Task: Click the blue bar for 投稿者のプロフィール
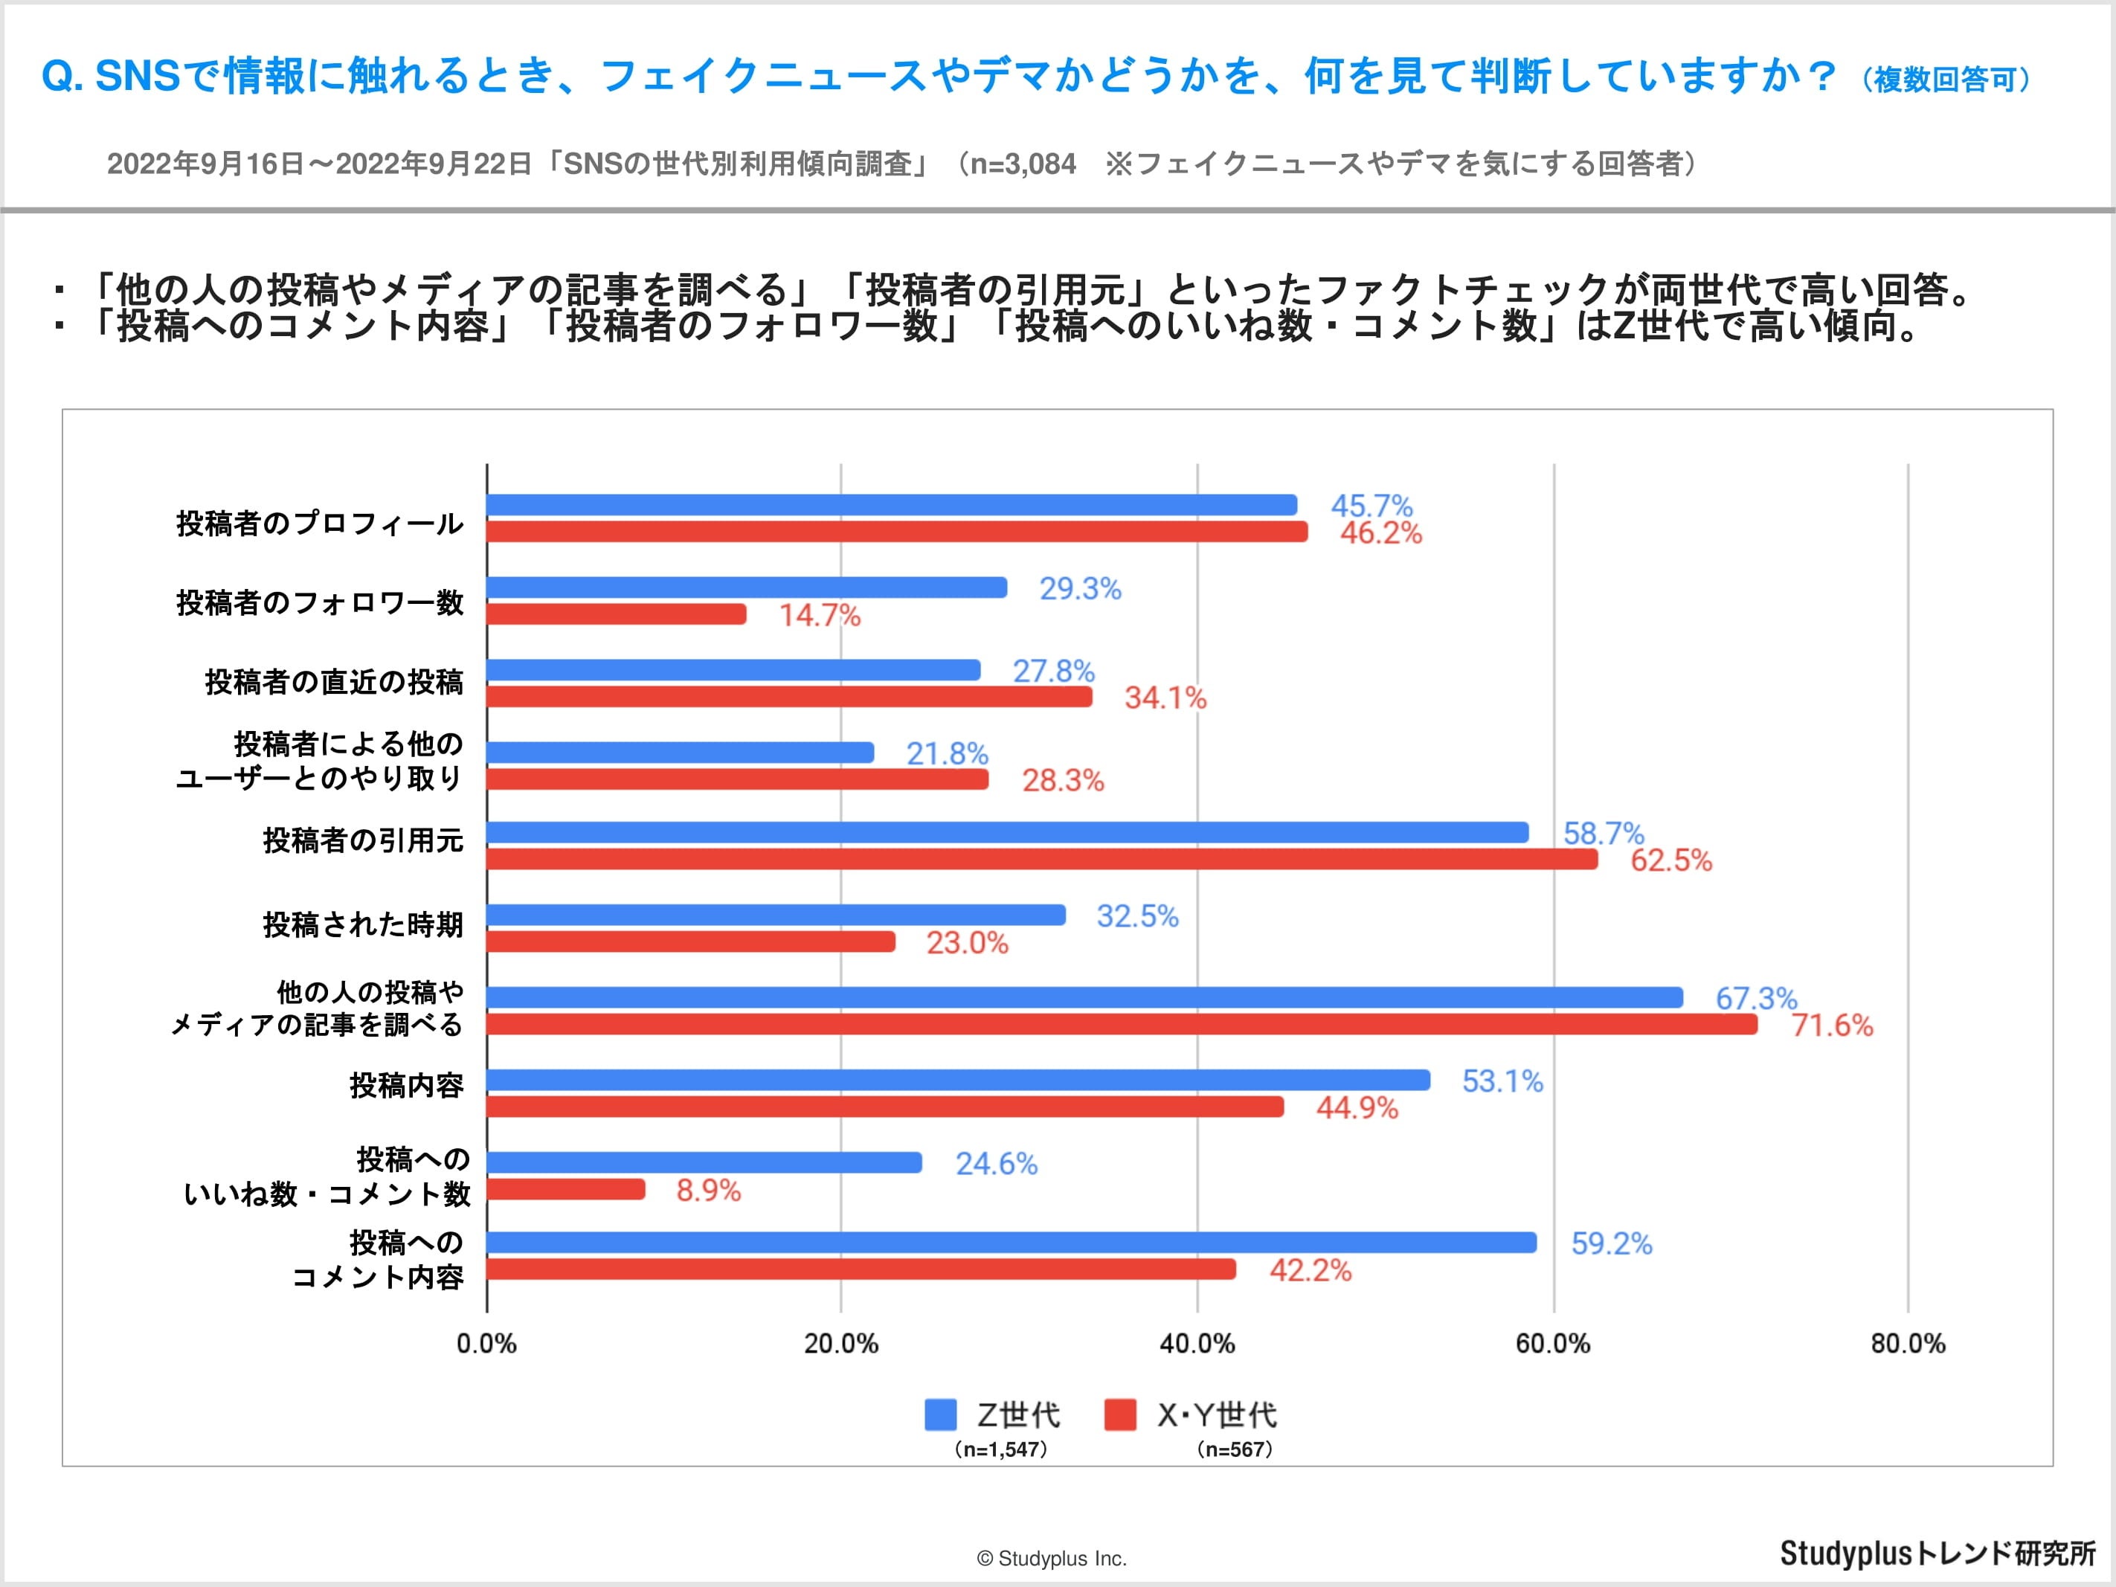[x=892, y=505]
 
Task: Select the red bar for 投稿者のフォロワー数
[x=616, y=614]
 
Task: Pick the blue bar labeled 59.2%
[x=1011, y=1243]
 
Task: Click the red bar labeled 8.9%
[x=565, y=1189]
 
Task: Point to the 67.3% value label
[x=1755, y=999]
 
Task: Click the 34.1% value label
[x=1165, y=698]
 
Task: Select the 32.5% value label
[x=1137, y=916]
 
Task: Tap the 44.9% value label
[x=1357, y=1108]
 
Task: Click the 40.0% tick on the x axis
[x=1197, y=1344]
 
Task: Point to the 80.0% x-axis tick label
[x=1908, y=1344]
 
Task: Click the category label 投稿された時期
[x=364, y=925]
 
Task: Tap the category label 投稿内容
[x=407, y=1086]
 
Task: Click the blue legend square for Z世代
[x=940, y=1414]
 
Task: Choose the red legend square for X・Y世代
[x=1120, y=1414]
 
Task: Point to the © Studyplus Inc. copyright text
[x=1051, y=1558]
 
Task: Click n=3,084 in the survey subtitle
[x=1023, y=164]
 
